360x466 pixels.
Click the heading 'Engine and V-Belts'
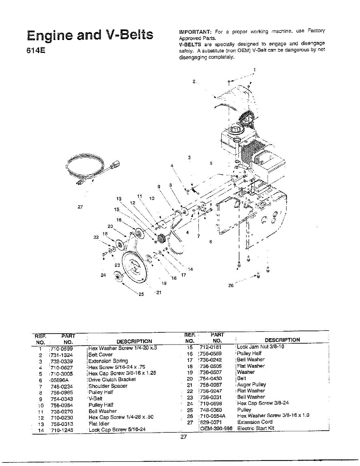(90, 36)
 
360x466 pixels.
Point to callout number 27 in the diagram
(80, 207)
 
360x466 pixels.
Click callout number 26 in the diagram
(231, 285)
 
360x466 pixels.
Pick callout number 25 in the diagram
(141, 294)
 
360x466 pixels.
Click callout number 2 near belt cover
(194, 82)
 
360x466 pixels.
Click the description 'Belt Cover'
(101, 355)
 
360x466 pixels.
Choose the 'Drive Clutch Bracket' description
(112, 379)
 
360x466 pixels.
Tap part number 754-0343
(62, 398)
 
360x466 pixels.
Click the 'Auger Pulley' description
(252, 384)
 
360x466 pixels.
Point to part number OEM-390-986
(216, 428)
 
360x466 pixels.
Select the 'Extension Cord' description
(255, 422)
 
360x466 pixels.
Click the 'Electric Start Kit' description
(256, 428)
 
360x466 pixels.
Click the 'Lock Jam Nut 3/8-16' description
(261, 347)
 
